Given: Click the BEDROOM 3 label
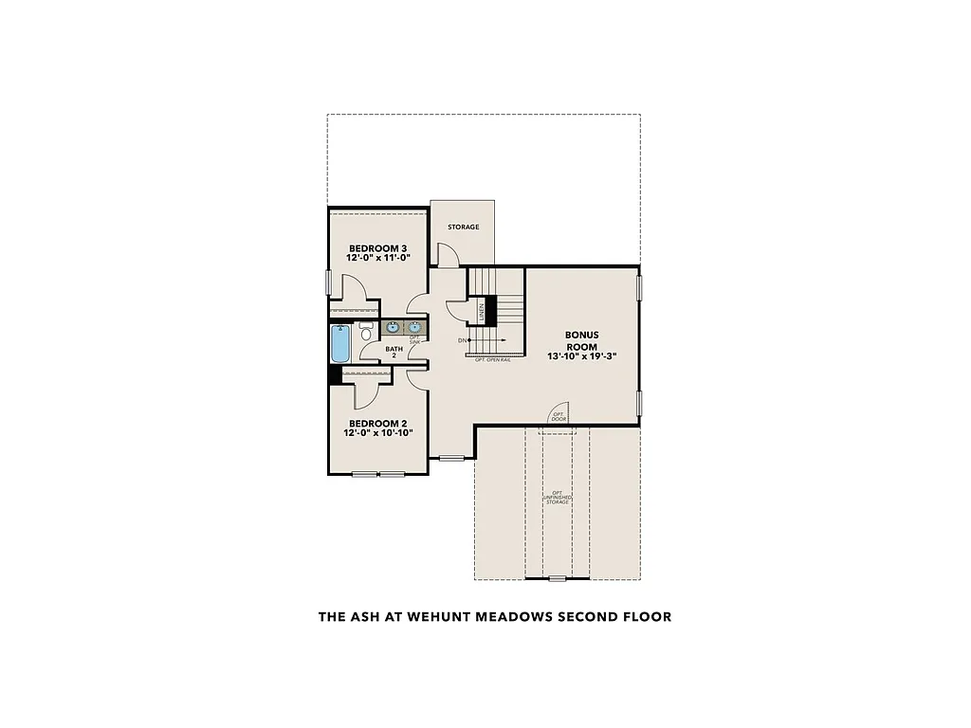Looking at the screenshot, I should (x=376, y=247).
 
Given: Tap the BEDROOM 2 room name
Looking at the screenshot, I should (x=376, y=423).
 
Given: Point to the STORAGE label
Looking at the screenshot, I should (x=464, y=227).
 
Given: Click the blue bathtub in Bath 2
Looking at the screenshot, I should (x=340, y=344).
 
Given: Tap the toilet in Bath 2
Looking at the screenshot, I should (x=365, y=333).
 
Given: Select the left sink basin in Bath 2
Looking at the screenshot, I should (x=393, y=328).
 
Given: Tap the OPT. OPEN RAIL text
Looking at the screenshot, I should (x=493, y=361).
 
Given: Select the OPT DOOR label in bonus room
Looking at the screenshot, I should (x=559, y=416).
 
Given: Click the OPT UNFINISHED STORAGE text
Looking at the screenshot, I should (x=557, y=497).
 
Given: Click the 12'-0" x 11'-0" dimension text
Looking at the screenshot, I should (x=376, y=258).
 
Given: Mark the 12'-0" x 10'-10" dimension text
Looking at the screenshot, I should (x=376, y=433).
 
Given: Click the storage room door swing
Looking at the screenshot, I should (x=448, y=254).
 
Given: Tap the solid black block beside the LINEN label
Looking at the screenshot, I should (x=492, y=310).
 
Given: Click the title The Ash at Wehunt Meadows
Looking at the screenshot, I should (x=494, y=617).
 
